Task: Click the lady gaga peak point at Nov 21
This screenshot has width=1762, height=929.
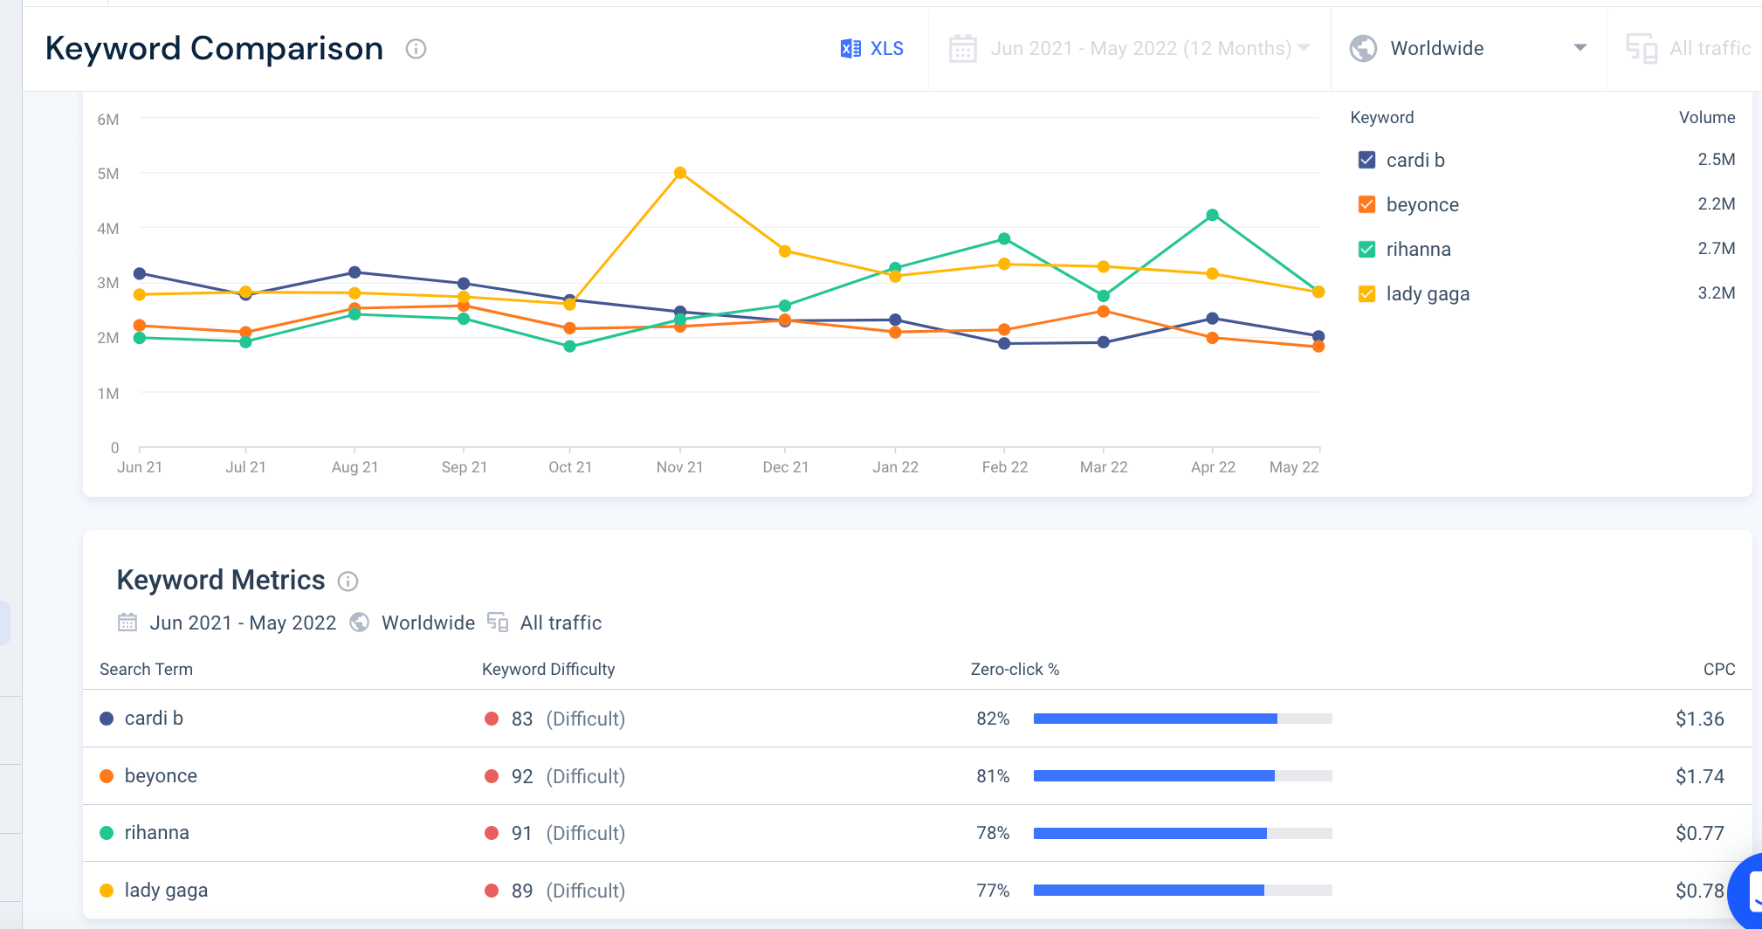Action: (x=680, y=173)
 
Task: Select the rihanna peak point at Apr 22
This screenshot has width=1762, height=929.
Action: (x=1212, y=215)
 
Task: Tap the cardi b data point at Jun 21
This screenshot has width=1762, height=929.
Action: (x=140, y=273)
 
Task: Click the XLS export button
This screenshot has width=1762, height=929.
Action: (x=871, y=49)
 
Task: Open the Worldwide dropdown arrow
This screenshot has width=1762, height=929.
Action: (x=1580, y=48)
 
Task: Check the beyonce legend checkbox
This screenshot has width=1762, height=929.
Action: (x=1367, y=204)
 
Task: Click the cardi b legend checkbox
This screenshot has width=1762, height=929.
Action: (x=1367, y=160)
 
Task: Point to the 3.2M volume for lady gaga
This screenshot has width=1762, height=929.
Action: (x=1716, y=293)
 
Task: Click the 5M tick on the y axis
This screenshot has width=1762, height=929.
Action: (x=108, y=174)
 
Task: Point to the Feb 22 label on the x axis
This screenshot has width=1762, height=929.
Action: (x=1004, y=467)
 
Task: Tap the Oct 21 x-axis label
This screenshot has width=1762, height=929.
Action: (x=570, y=467)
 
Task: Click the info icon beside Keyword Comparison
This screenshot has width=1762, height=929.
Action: (x=416, y=49)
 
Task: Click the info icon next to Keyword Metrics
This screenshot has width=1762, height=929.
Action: (x=348, y=581)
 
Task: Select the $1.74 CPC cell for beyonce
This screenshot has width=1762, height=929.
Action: (x=1699, y=776)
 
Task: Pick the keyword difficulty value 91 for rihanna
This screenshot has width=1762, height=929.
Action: (x=521, y=833)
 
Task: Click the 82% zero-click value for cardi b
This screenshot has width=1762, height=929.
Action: (x=993, y=719)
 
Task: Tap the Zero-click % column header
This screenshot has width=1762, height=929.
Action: (x=1015, y=669)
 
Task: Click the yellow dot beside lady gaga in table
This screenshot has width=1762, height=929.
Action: (x=107, y=891)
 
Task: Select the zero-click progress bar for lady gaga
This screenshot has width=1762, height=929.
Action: (x=1182, y=891)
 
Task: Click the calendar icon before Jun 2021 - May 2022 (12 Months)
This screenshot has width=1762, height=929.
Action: (x=962, y=49)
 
